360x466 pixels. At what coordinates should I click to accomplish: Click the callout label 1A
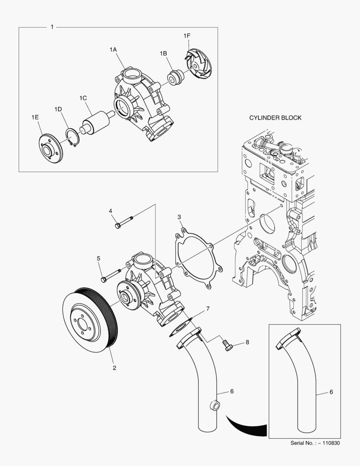coord(113,50)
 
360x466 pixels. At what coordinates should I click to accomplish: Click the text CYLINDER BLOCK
coord(275,117)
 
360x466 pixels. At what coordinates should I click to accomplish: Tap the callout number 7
coord(207,309)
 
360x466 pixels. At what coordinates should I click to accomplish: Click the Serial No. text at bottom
coord(315,443)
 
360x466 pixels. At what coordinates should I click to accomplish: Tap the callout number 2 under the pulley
coord(114,368)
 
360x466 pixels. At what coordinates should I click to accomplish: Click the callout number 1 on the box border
coord(52,27)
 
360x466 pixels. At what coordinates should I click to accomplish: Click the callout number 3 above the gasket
coord(179,217)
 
